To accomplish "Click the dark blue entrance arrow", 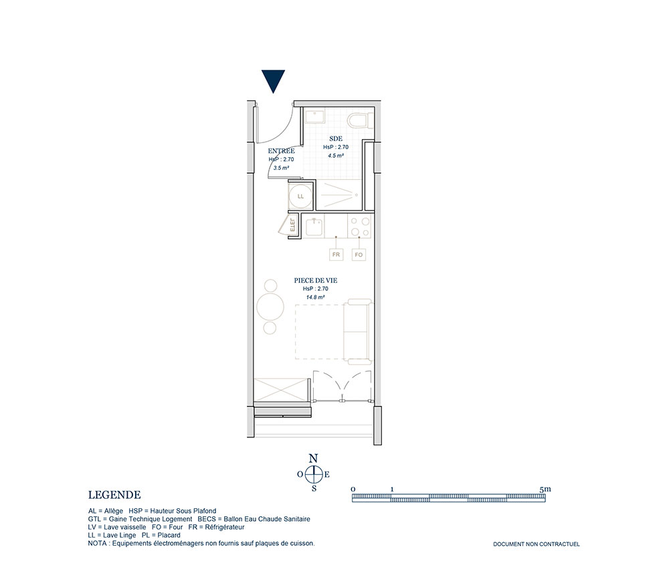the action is tap(273, 81).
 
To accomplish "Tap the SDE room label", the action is tap(336, 138).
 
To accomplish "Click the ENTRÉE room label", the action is tap(281, 151).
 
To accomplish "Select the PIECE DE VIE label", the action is tap(315, 281).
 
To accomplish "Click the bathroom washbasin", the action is tap(315, 116).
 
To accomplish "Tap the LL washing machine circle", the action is tap(300, 196).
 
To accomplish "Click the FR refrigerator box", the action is tap(337, 255).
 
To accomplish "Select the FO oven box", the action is tap(359, 255).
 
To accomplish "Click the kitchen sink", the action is tap(314, 226).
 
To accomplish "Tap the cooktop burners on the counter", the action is tap(360, 227).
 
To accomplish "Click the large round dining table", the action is tap(270, 306).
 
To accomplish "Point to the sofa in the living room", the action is tap(357, 332).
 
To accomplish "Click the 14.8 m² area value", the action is tap(315, 297).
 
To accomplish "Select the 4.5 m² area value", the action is tap(336, 156).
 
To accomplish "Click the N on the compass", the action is tap(313, 459).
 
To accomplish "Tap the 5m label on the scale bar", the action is tap(545, 489).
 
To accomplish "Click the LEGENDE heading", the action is tap(114, 495).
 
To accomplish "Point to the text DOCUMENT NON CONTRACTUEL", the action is tap(537, 544).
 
